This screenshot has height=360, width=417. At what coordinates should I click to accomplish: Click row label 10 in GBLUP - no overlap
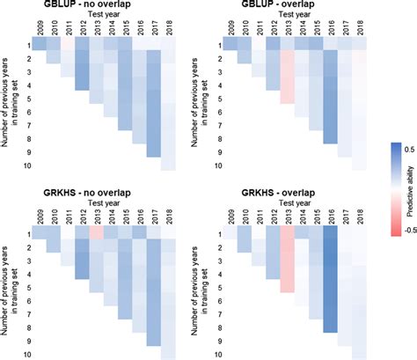[x=28, y=165]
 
